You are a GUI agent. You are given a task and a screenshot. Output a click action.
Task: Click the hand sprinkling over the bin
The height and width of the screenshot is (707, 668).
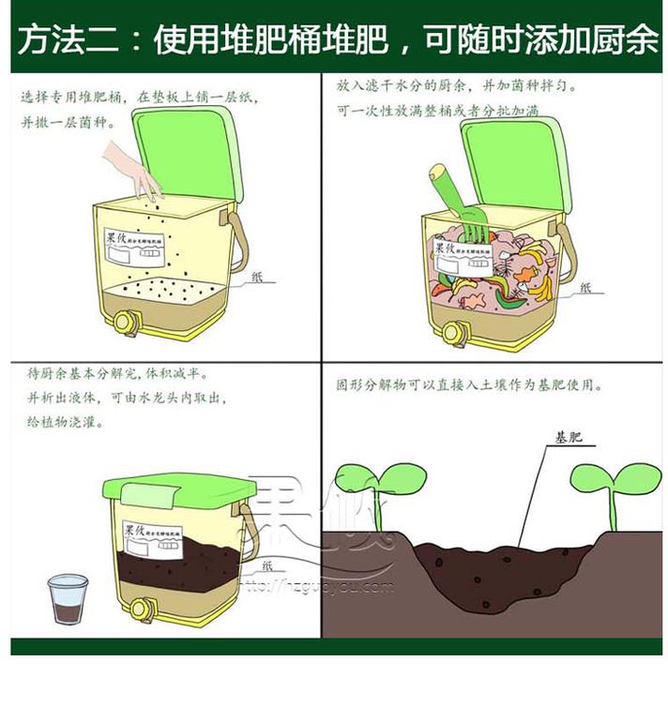pyautogui.click(x=131, y=169)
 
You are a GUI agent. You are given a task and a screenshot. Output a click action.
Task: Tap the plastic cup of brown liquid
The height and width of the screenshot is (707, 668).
pyautogui.click(x=68, y=599)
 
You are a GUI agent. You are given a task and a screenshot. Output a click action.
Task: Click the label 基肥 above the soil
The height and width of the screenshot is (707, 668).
pyautogui.click(x=568, y=439)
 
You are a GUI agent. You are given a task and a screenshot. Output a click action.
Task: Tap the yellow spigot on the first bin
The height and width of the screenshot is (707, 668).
pyautogui.click(x=124, y=322)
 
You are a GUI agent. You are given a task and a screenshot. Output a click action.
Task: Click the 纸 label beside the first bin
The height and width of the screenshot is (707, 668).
pyautogui.click(x=259, y=278)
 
